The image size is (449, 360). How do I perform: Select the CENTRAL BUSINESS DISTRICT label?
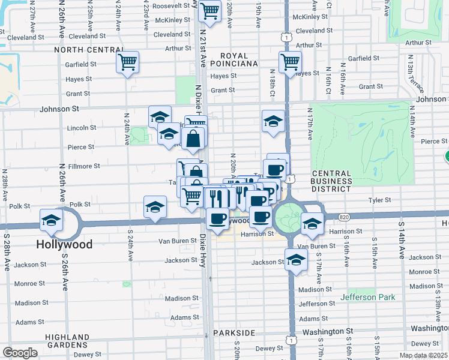coord(331,181)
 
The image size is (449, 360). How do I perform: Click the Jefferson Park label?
coord(368,297)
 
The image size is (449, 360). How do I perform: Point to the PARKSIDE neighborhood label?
coord(234,332)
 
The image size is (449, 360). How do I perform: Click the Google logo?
coord(20,353)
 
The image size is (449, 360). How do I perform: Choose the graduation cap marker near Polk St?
coord(155,207)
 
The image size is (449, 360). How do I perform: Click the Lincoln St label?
coord(82,128)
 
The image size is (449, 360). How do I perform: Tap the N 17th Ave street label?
coord(310,124)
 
